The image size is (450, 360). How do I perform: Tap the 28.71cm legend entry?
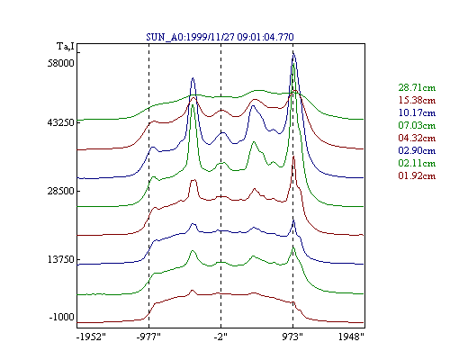pyautogui.click(x=417, y=87)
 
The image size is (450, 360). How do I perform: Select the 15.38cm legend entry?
pyautogui.click(x=417, y=100)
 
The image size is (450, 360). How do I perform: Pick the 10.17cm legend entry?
pyautogui.click(x=417, y=112)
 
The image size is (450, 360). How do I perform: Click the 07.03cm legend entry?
pyautogui.click(x=417, y=125)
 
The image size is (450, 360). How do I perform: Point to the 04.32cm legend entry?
pyautogui.click(x=417, y=138)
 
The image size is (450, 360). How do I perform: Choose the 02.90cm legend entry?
pyautogui.click(x=417, y=150)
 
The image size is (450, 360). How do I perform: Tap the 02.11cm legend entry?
pyautogui.click(x=417, y=163)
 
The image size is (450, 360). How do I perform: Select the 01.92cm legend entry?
pyautogui.click(x=417, y=175)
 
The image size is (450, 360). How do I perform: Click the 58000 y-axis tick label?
pyautogui.click(x=60, y=63)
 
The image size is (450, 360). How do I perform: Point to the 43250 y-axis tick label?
pyautogui.click(x=60, y=122)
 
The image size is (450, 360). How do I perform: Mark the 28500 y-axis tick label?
pyautogui.click(x=60, y=191)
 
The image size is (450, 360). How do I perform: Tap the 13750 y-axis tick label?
pyautogui.click(x=60, y=259)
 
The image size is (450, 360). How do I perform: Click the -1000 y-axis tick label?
pyautogui.click(x=61, y=317)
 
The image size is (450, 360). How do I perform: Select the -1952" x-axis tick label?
pyautogui.click(x=91, y=337)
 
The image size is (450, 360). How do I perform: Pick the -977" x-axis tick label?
pyautogui.click(x=148, y=337)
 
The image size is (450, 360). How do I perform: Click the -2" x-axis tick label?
pyautogui.click(x=220, y=337)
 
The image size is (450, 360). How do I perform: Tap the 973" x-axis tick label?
pyautogui.click(x=292, y=337)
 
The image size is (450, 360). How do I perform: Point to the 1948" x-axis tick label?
pyautogui.click(x=351, y=337)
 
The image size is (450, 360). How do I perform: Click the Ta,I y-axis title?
pyautogui.click(x=66, y=47)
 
